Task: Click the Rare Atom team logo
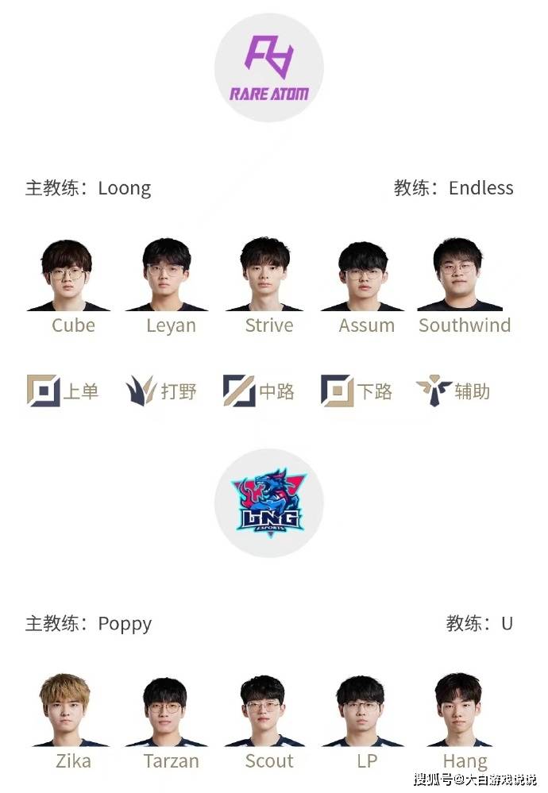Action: coord(269,67)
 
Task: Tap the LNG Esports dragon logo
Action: coord(269,502)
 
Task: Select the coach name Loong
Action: coord(125,189)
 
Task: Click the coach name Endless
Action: coord(481,187)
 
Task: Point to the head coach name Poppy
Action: coord(125,625)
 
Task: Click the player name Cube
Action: coord(73,325)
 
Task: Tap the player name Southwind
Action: coord(465,325)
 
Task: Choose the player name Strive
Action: coord(269,325)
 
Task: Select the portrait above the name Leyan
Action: coord(167,275)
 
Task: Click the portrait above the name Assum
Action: coord(363,276)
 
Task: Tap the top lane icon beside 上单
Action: coord(44,391)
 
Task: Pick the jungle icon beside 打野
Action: coord(141,391)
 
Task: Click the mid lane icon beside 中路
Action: coord(239,391)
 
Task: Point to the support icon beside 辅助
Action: coord(434,390)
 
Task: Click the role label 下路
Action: coord(374,391)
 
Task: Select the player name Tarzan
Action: coord(172,761)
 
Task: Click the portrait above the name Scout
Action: coord(263,710)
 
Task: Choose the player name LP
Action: coord(368,761)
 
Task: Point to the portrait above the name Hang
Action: coord(459,710)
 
